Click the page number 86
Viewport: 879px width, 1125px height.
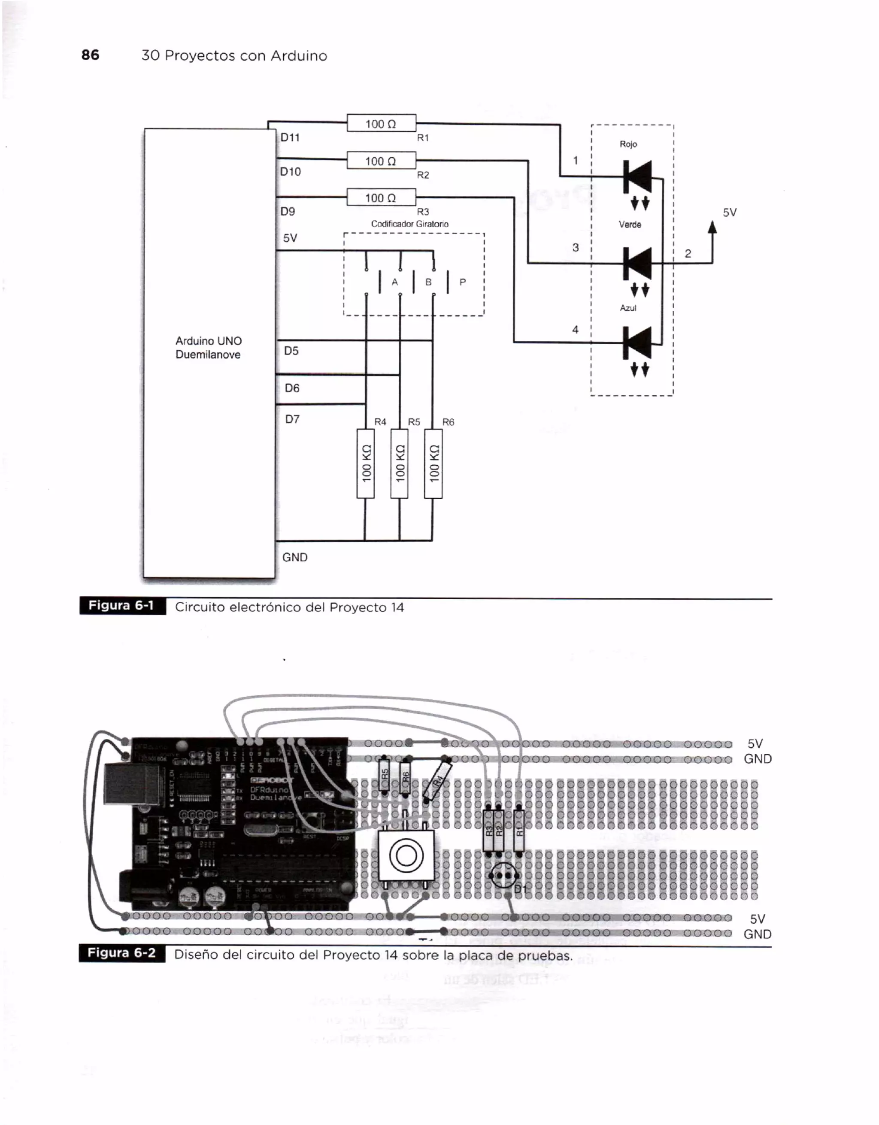coord(90,55)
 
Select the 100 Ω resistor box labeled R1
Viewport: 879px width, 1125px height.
coord(381,123)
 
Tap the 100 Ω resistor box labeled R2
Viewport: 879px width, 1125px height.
coord(381,161)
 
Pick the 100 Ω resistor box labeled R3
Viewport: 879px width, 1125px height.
coord(381,197)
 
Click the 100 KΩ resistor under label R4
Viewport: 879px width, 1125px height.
coord(366,464)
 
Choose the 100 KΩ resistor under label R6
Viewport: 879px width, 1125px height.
coord(433,464)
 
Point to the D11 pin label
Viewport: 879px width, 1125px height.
coord(290,137)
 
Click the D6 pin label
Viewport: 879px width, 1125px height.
coord(292,388)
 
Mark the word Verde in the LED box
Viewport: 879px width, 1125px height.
coord(629,224)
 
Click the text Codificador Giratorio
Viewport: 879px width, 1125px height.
coord(410,224)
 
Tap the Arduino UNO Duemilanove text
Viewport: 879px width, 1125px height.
coord(208,348)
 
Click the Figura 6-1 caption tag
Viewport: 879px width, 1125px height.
coord(122,606)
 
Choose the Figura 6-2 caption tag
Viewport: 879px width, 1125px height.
coord(122,953)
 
